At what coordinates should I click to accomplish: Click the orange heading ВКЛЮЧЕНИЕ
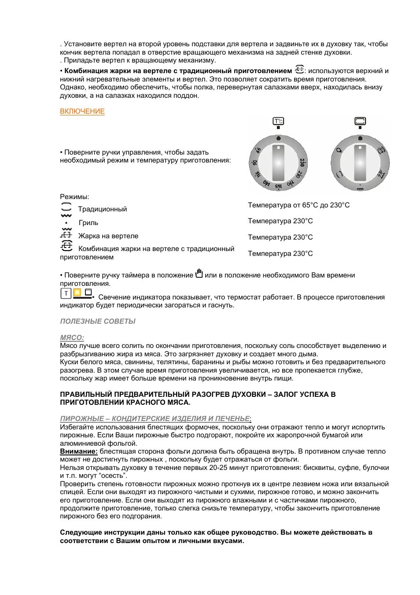pos(82,111)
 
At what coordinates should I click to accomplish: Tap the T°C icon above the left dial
pos(278,121)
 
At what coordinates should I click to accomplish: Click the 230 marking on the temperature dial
pos(302,163)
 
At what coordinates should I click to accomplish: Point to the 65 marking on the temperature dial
pos(258,152)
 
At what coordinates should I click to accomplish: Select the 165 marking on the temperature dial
pos(278,187)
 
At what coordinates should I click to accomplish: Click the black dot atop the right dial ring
pos(360,138)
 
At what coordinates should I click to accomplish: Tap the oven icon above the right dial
pos(360,121)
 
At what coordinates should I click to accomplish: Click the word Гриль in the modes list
pos(88,223)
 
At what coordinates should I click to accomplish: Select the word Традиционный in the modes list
pos(103,209)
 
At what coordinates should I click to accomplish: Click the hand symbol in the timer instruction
pos(199,273)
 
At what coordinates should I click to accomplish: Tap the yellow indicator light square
pos(77,292)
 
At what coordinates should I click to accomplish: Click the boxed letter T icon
pos(66,293)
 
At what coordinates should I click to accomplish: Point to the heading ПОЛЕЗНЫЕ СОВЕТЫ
pos(98,322)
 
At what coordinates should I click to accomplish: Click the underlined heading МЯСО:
pos(72,338)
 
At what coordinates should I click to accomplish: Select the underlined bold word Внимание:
pos(79,451)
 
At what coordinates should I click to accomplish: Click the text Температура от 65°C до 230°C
pos(298,205)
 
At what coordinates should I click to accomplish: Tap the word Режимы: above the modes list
pos(74,197)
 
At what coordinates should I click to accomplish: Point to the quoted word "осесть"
pos(113,476)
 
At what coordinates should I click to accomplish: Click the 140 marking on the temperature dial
pos(267,182)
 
